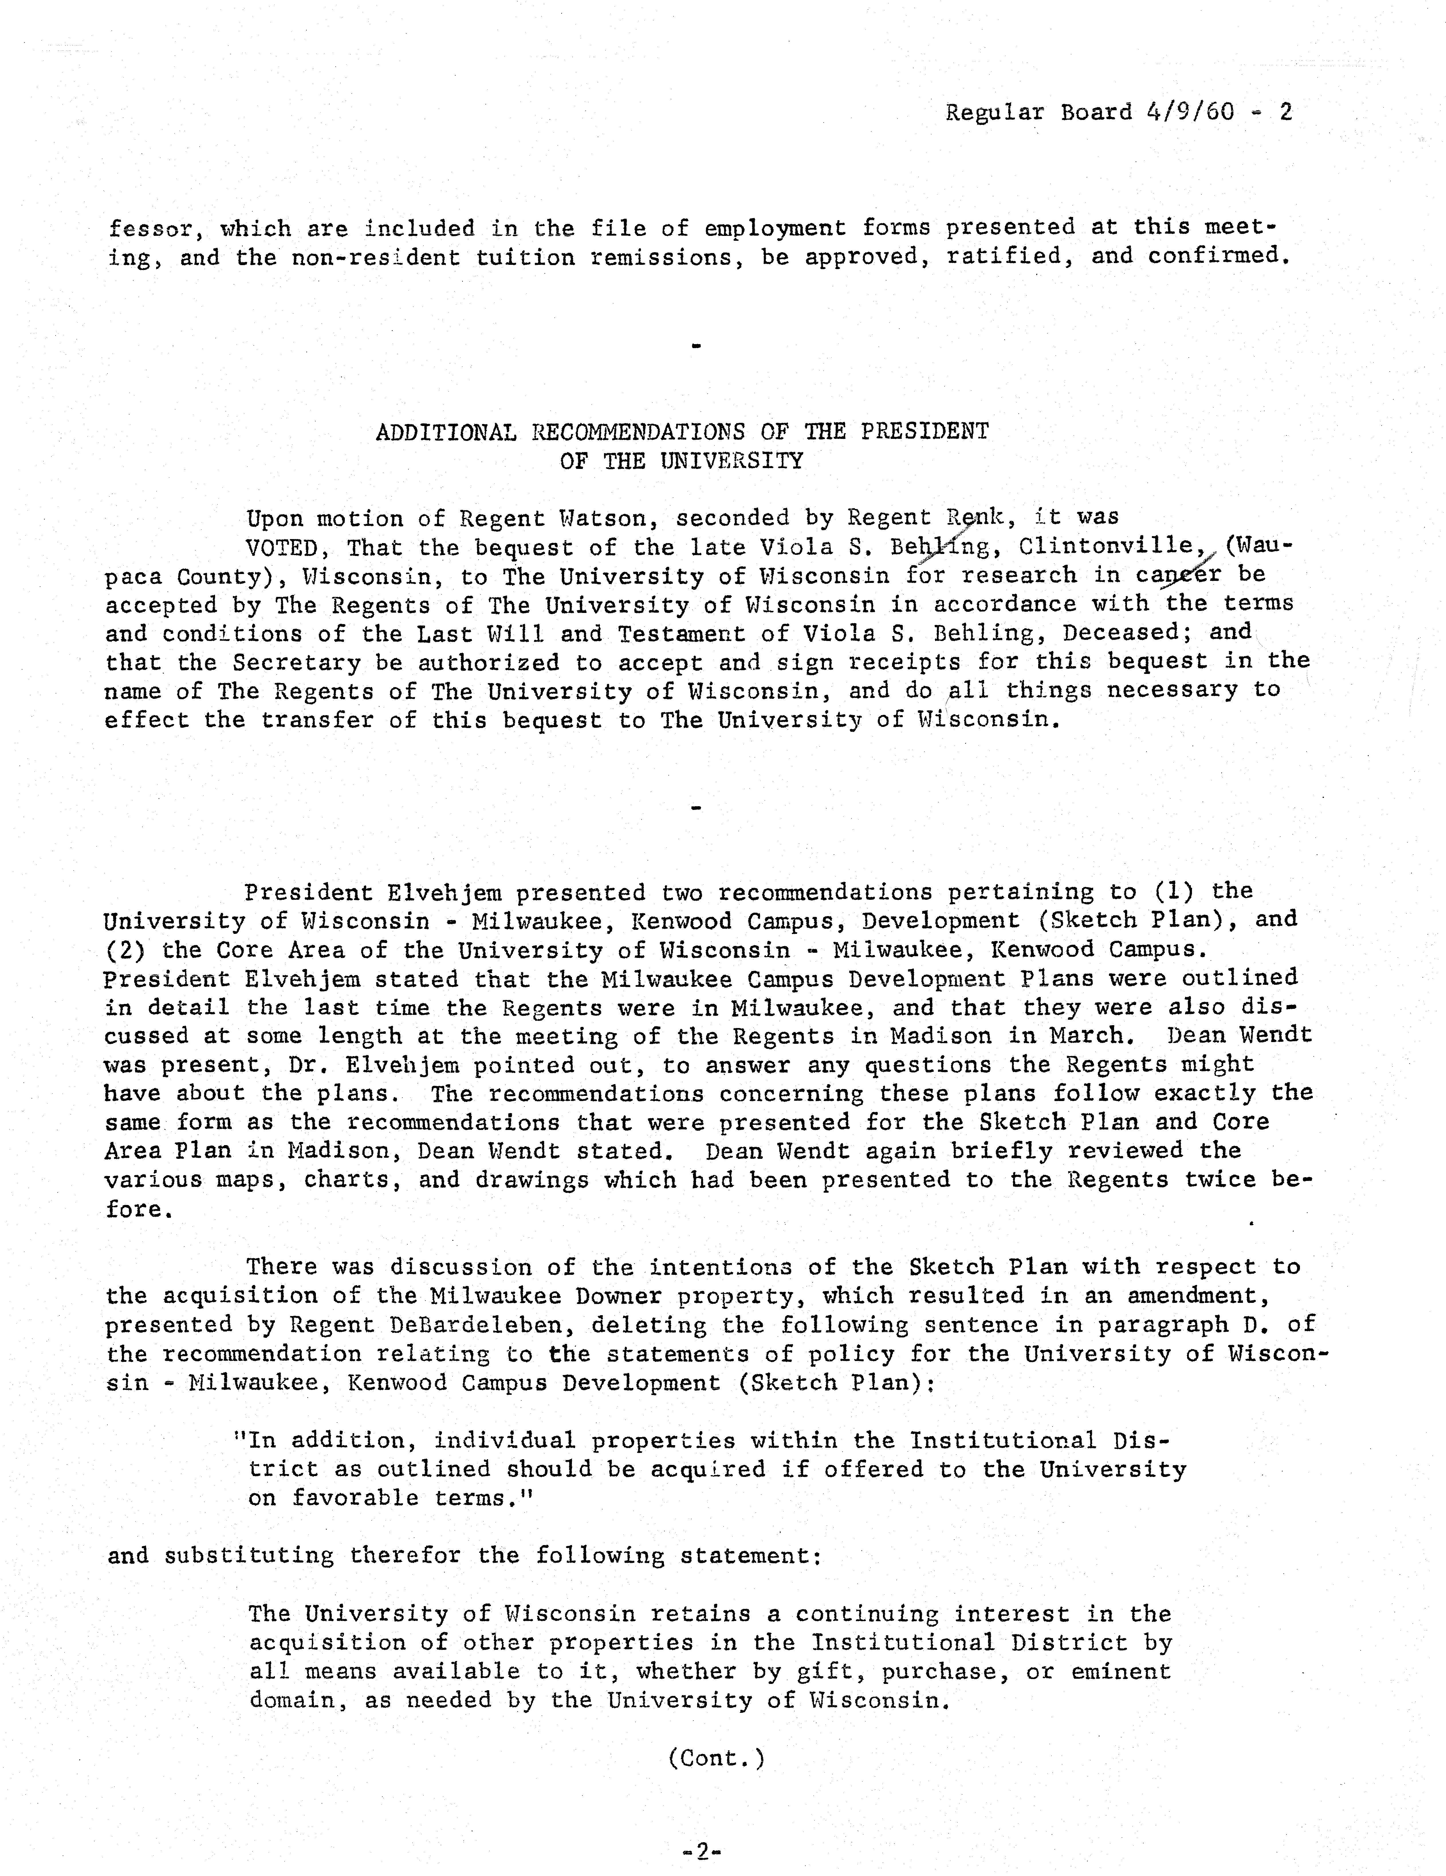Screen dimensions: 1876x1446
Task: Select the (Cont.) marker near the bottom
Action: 716,1758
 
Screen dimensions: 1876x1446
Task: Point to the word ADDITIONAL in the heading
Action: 445,432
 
